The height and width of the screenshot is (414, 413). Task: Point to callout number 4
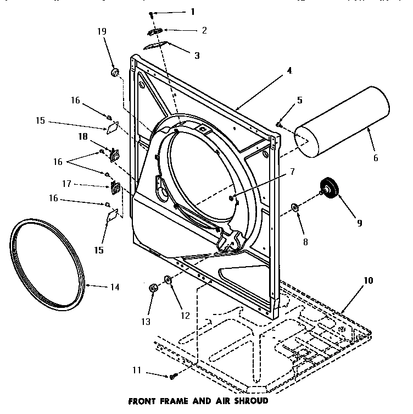(289, 71)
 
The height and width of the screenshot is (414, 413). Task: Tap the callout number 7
(292, 172)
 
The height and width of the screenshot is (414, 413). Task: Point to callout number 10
(368, 280)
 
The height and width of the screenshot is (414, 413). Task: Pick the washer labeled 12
(168, 281)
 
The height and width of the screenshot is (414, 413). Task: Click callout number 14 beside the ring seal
(114, 286)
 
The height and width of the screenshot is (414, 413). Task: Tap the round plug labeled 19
(115, 73)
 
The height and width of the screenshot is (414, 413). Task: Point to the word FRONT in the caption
(141, 401)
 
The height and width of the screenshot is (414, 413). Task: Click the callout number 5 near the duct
(299, 100)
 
